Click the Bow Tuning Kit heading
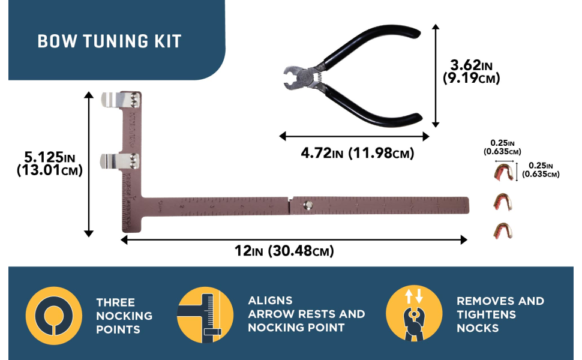(x=109, y=41)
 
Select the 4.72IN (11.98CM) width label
(x=357, y=154)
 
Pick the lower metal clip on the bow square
(x=120, y=160)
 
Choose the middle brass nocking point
(x=503, y=202)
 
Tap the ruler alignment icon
(x=205, y=315)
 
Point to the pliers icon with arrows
(x=415, y=314)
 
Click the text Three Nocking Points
(x=124, y=316)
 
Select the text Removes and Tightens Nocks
(x=500, y=314)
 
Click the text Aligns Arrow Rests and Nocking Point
(x=306, y=314)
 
